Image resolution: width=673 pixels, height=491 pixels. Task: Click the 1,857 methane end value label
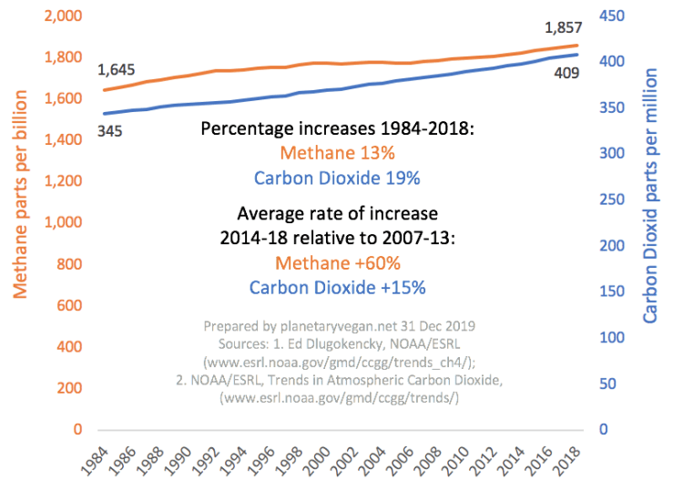565,26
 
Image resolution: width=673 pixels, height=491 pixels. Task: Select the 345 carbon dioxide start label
109,132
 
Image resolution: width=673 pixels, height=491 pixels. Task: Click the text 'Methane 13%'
337,154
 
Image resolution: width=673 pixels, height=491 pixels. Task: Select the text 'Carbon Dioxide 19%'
337,179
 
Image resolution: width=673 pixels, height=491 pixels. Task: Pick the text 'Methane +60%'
337,263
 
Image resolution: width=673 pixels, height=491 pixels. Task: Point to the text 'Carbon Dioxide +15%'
337,288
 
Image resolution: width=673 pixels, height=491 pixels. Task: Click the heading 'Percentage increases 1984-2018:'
337,129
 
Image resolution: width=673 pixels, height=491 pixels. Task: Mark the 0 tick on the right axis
602,429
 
